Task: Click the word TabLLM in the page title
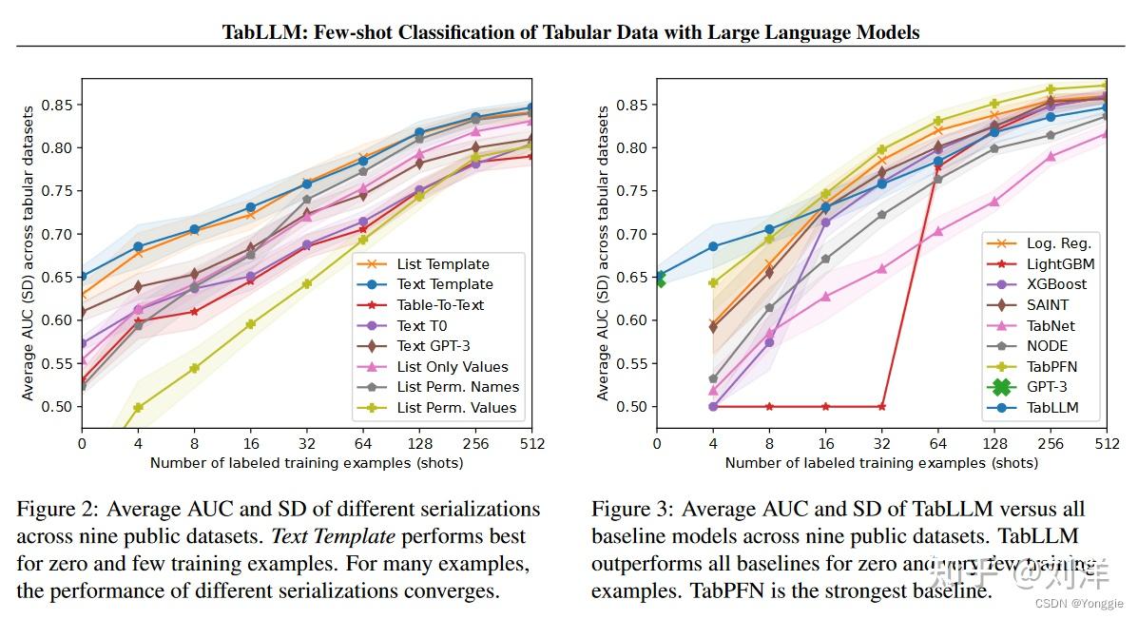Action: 257,32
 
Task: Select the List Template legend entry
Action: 443,264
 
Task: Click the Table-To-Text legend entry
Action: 440,305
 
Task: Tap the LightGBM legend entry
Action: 1060,263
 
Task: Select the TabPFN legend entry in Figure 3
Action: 1051,366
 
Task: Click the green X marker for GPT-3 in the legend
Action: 1000,387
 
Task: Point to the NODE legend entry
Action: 1047,346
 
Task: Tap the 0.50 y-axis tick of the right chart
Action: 633,407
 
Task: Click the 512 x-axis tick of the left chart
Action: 531,443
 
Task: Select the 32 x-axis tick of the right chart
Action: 881,443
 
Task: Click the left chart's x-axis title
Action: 306,463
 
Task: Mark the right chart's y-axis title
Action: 604,252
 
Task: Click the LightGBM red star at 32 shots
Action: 881,406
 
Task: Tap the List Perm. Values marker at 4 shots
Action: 138,407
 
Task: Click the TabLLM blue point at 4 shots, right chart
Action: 713,246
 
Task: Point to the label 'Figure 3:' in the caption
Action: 632,510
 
